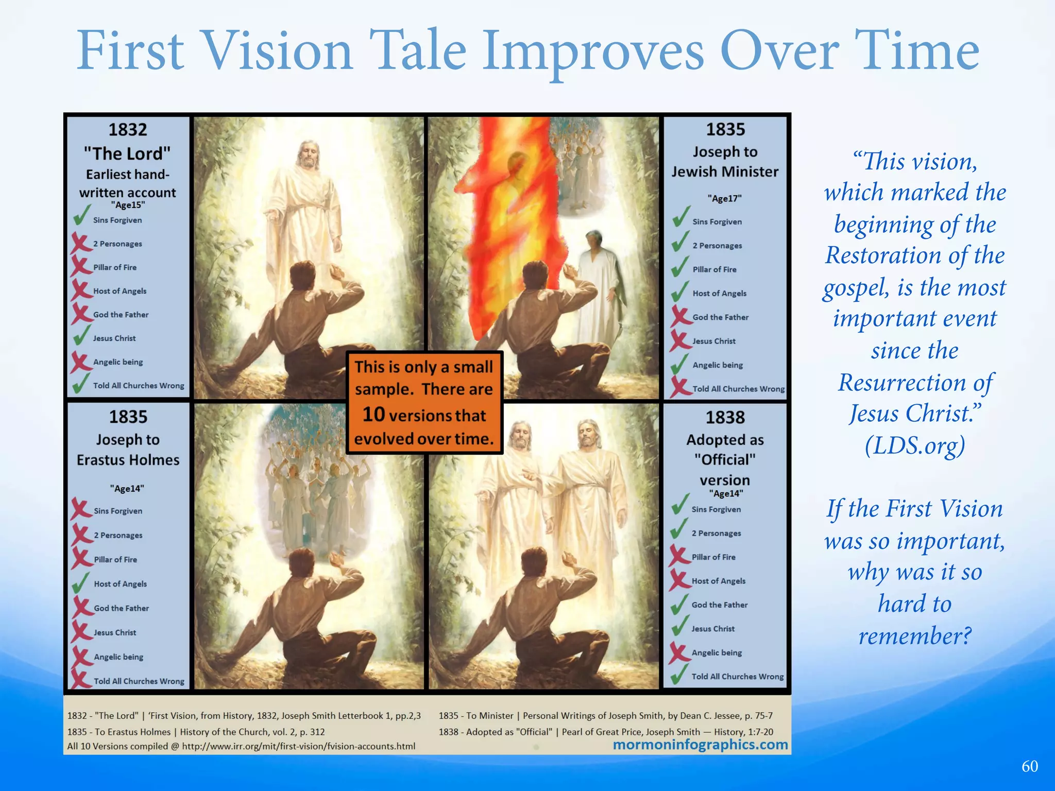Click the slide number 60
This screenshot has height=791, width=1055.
(1030, 766)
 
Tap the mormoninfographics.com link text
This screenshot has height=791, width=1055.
(700, 744)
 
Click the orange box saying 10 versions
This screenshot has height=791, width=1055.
(424, 402)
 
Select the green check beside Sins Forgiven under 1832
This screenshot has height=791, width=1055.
(81, 216)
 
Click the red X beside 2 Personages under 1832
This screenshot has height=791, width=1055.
(80, 242)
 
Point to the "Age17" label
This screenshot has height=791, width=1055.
(724, 198)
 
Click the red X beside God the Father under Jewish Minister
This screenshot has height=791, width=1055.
(680, 316)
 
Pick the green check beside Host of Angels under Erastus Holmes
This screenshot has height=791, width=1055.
(81, 582)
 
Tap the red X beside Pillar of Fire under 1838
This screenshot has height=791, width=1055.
(679, 556)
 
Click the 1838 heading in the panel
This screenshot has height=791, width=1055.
(725, 417)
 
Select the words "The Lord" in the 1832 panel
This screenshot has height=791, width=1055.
(127, 153)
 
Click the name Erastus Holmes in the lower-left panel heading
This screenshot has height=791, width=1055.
(128, 460)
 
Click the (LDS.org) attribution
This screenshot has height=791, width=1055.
(914, 446)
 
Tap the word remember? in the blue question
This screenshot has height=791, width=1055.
(915, 635)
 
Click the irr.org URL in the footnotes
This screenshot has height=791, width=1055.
(299, 746)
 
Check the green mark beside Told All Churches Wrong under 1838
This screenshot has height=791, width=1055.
(680, 675)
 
